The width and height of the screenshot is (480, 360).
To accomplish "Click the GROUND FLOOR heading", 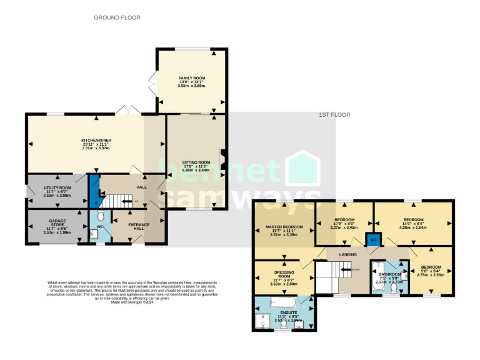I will pos(117,18).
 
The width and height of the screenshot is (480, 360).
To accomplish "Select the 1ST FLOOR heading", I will pos(334,115).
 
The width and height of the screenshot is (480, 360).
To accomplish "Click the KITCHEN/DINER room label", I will pos(96,140).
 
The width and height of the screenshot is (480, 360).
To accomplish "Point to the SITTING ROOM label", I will pos(196,162).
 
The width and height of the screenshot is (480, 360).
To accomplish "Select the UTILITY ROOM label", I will pos(57,187).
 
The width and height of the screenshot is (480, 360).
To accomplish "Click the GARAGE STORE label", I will pos(57,222).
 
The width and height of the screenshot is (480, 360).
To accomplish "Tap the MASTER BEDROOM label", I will pos(285,227).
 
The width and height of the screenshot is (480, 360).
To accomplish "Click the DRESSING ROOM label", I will pos(284,273).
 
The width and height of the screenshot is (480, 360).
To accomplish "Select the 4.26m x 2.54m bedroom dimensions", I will pos(413,228).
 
